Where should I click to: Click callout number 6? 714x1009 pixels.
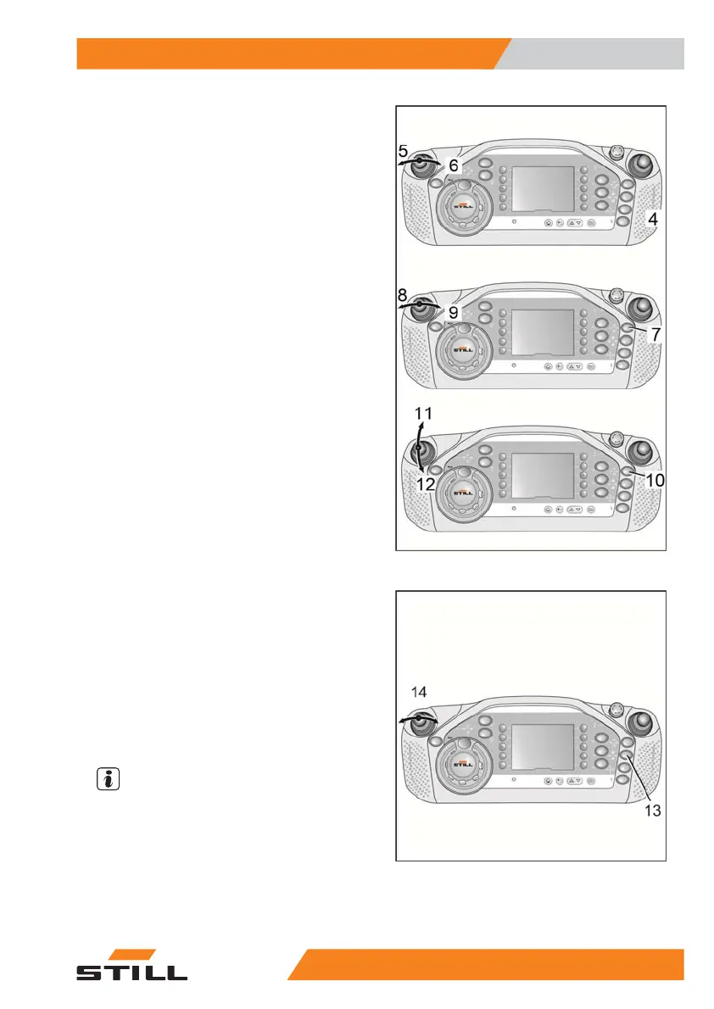click(454, 165)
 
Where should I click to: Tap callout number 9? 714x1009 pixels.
click(454, 312)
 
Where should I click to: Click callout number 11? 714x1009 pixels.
click(424, 415)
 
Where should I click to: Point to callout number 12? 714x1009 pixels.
click(426, 484)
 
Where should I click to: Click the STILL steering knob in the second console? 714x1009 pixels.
click(464, 345)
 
